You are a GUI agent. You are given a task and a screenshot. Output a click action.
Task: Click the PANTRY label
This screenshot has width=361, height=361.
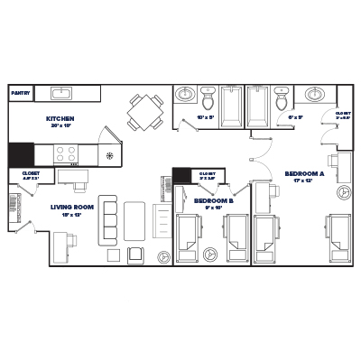click(20, 93)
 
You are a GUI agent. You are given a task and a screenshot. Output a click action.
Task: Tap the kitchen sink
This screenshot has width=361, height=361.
click(63, 93)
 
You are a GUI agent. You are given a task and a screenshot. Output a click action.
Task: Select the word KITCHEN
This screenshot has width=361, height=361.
click(60, 119)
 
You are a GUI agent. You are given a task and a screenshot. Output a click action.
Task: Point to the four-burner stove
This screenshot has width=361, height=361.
click(65, 154)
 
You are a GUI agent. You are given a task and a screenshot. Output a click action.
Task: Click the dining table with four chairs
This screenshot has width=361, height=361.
click(142, 112)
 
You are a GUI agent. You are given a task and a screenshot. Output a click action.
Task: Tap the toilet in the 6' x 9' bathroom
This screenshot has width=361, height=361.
click(281, 96)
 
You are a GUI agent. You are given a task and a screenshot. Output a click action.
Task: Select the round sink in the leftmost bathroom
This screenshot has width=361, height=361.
click(186, 94)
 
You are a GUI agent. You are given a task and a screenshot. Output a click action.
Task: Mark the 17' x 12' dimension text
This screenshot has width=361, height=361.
click(303, 180)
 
